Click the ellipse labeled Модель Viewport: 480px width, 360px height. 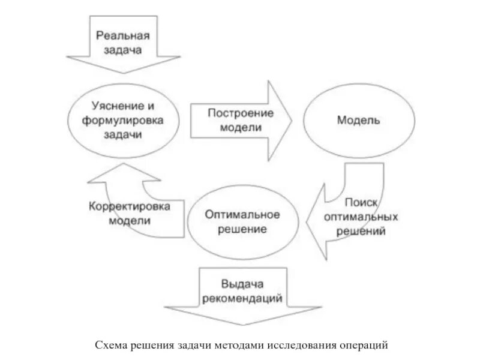[x=358, y=120]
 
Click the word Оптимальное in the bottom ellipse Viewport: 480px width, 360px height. [x=242, y=214]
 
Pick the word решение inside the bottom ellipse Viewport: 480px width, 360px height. [x=242, y=229]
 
